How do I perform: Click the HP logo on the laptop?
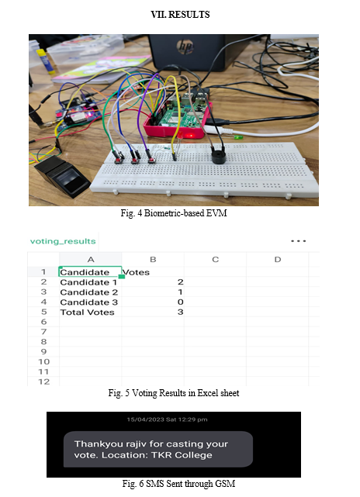click(x=185, y=47)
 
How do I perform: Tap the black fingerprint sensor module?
click(x=62, y=176)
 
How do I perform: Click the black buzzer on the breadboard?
click(x=218, y=155)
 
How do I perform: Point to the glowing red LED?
click(x=190, y=136)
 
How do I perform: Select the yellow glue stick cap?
click(x=41, y=52)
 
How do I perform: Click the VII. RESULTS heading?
click(x=180, y=15)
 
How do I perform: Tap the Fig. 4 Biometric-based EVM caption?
click(x=174, y=213)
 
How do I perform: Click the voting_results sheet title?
click(x=63, y=241)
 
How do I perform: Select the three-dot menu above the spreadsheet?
click(x=298, y=241)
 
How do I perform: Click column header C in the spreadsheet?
click(x=216, y=260)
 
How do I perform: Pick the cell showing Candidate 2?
click(x=88, y=292)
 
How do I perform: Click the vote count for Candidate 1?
click(x=180, y=281)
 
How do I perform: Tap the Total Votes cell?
click(x=87, y=312)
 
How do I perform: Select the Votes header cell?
click(x=136, y=272)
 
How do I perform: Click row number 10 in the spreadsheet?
click(x=43, y=361)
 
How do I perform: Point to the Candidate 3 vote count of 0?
click(x=181, y=302)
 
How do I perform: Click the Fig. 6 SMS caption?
click(x=178, y=484)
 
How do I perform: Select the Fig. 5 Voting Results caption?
click(x=174, y=393)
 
